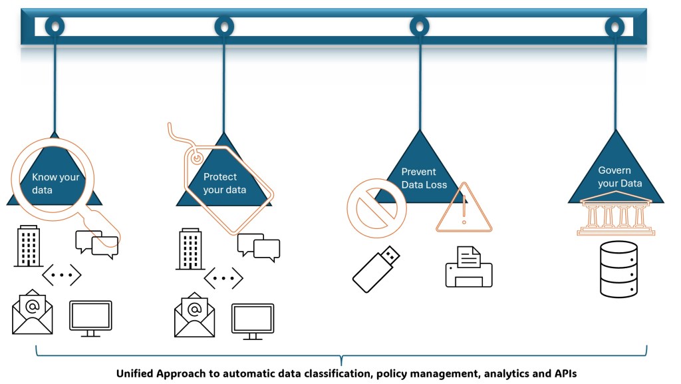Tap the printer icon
pos(469,267)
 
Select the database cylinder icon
pos(618,270)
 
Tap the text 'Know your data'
pos(55,184)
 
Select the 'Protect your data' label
pos(225,184)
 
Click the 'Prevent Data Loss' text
pos(424,178)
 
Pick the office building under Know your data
pos(29,246)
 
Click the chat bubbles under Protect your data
pos(259,247)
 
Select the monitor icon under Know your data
pos(90,318)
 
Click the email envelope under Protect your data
pos(195,315)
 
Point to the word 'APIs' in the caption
pos(563,373)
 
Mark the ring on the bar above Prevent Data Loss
pos(419,27)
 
